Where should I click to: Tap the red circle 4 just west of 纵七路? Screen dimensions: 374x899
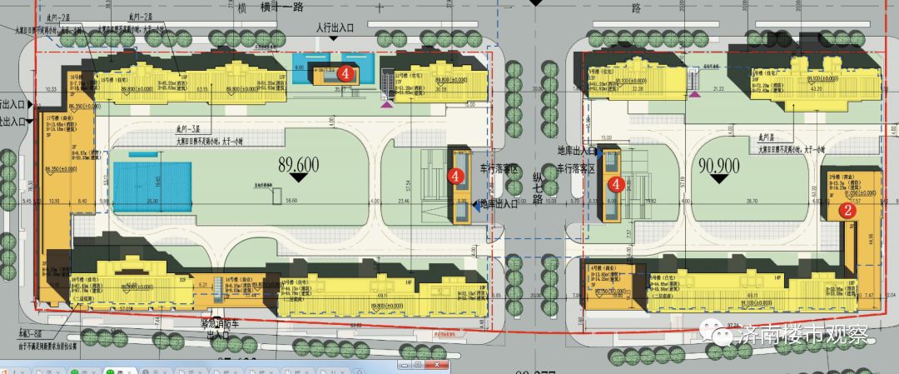coord(455,175)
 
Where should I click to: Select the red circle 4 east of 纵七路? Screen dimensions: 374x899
coord(617,183)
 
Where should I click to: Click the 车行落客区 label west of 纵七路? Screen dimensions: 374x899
coord(499,170)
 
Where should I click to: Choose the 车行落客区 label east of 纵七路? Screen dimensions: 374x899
coord(577,168)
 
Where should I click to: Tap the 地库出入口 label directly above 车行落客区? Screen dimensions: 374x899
coord(577,152)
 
